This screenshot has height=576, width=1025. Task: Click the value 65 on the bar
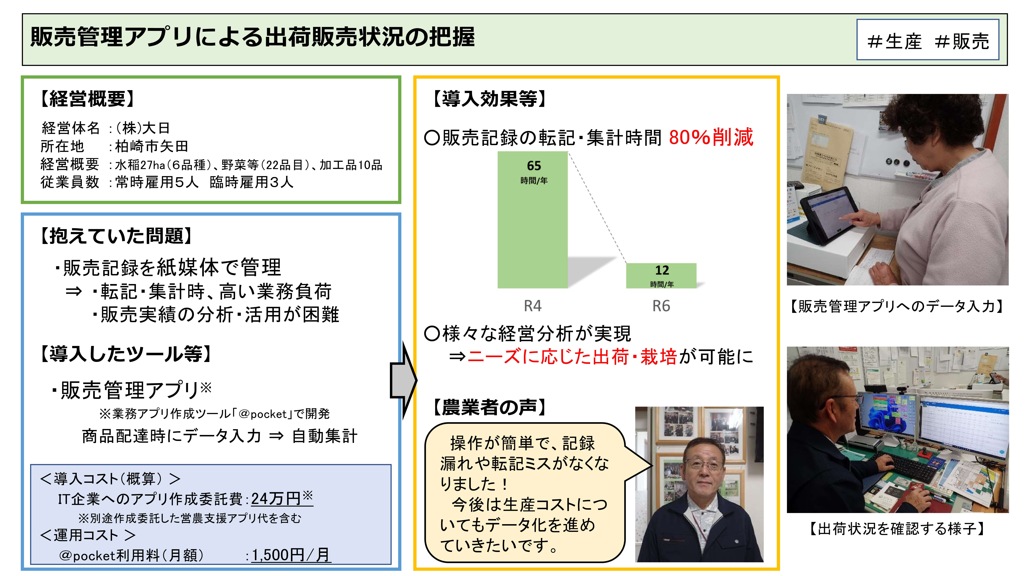click(534, 165)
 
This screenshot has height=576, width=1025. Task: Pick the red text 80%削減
click(711, 137)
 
